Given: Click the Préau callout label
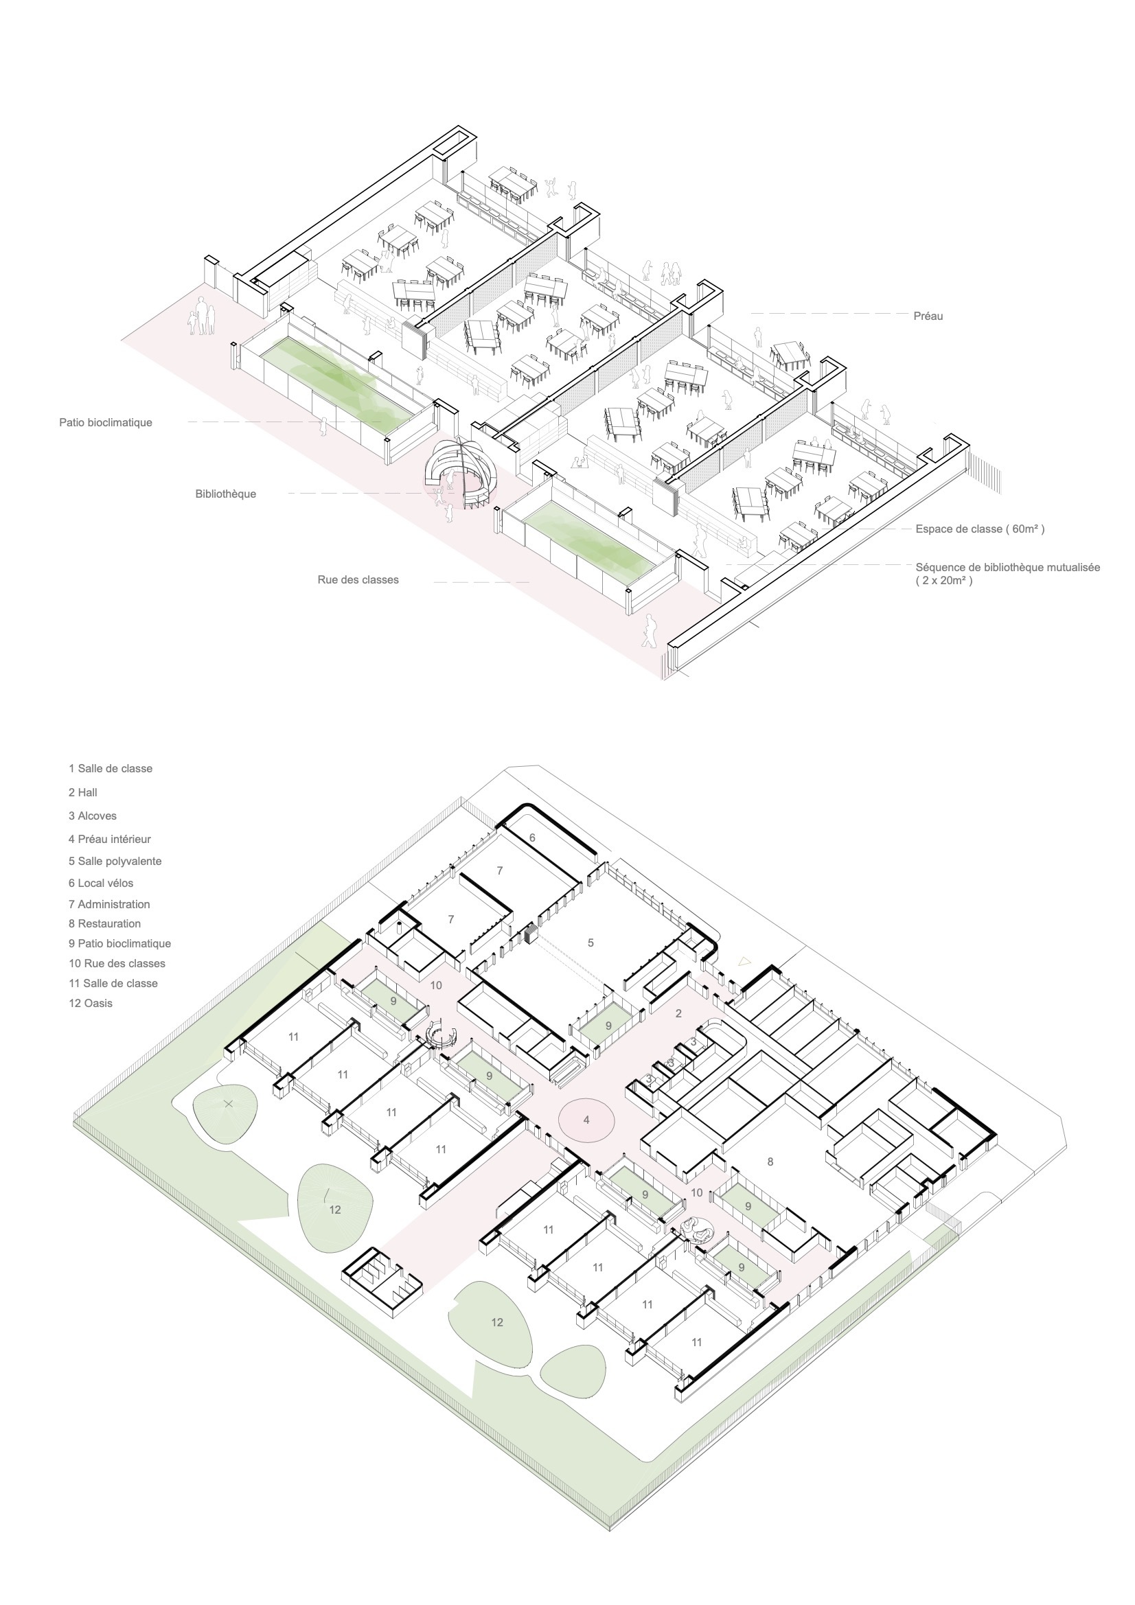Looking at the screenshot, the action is [928, 316].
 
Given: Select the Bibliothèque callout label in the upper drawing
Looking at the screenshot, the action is [226, 494].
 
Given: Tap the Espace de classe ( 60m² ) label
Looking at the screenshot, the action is [980, 529].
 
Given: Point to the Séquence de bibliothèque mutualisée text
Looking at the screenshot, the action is [1008, 567].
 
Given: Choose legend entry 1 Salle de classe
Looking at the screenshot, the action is [111, 768].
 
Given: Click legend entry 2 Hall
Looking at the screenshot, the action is [82, 792].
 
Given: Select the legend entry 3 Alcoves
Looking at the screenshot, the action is [92, 816].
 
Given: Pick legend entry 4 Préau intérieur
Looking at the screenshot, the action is [110, 839].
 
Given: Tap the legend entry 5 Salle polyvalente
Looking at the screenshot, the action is [115, 862].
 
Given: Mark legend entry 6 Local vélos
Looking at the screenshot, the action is [101, 883].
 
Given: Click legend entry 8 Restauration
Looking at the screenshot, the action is [104, 923].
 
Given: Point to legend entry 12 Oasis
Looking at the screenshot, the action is [90, 1003].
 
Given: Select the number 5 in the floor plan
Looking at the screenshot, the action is [591, 943].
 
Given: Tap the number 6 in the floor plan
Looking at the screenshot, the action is [532, 838].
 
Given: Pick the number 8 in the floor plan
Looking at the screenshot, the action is [770, 1162].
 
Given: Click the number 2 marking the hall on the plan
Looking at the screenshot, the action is [678, 1013].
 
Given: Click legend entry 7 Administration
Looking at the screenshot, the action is [109, 904].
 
